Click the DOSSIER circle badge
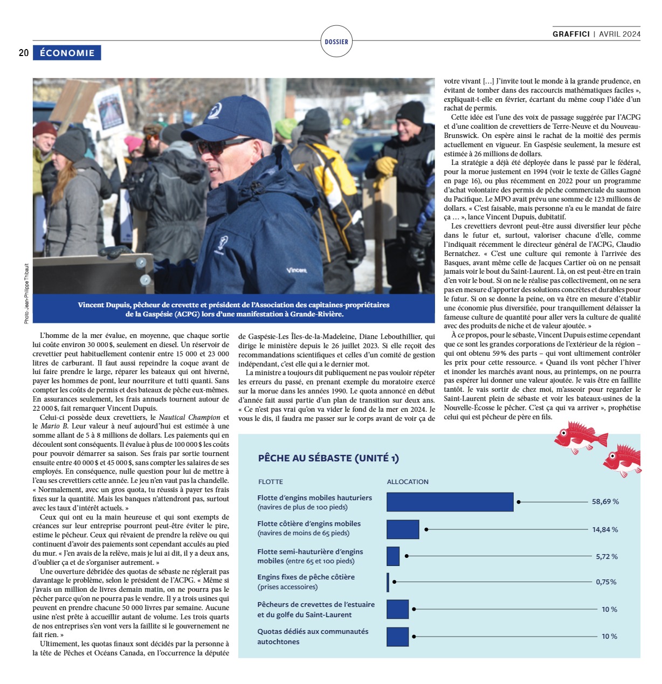[336, 42]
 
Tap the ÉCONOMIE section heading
[67, 53]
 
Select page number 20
[24, 53]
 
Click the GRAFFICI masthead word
[571, 34]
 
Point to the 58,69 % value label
[605, 502]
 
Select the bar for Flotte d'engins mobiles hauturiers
[450, 502]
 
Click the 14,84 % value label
[605, 530]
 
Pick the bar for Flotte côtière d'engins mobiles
[403, 529]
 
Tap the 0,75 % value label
[606, 582]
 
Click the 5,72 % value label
[606, 557]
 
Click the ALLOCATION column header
[408, 482]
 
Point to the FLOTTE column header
[271, 482]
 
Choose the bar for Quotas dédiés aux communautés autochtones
[398, 637]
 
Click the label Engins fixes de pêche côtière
[306, 577]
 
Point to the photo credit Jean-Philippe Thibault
[26, 294]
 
